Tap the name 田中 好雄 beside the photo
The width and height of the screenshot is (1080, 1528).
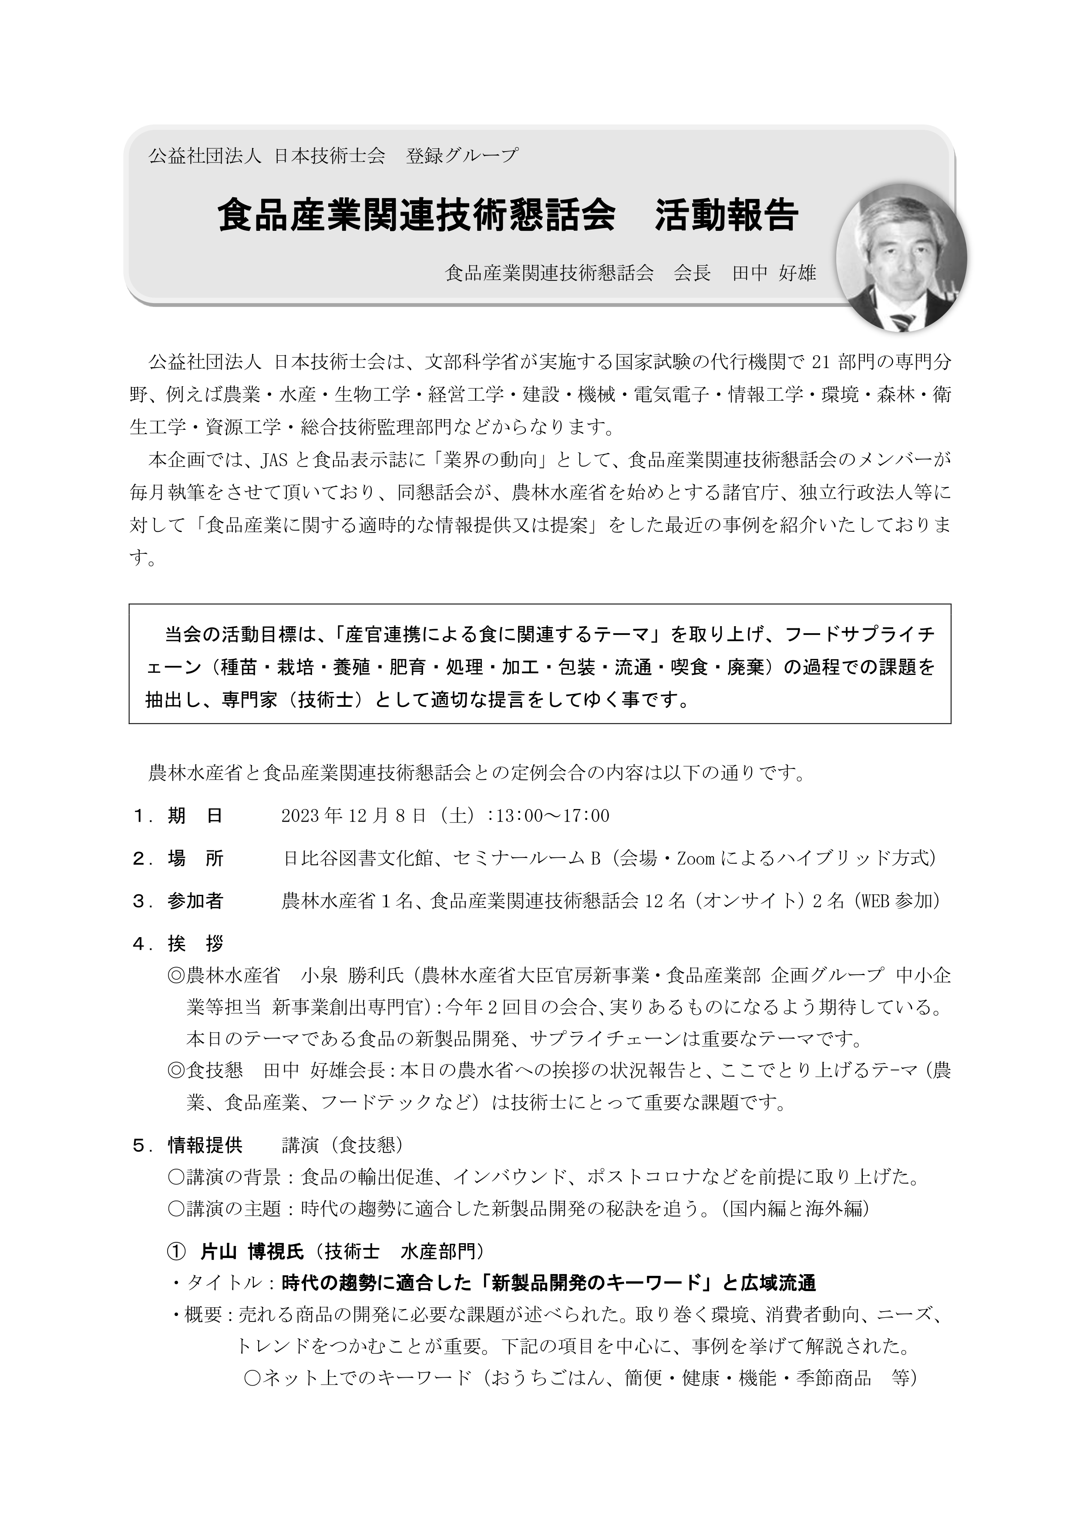click(774, 273)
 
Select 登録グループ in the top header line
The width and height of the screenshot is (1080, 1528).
click(462, 156)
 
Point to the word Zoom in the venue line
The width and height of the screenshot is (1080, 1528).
click(695, 859)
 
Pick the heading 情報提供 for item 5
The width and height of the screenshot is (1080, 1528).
click(205, 1145)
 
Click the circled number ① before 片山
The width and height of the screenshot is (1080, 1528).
click(176, 1252)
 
